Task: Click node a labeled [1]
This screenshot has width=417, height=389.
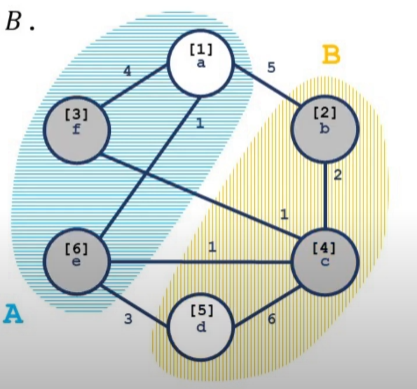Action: click(x=201, y=63)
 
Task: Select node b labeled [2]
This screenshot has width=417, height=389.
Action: click(x=325, y=129)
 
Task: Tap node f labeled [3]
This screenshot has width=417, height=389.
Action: click(x=77, y=130)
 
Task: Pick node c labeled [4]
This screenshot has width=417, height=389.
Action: click(x=325, y=262)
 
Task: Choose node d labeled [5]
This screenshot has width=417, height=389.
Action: click(x=201, y=327)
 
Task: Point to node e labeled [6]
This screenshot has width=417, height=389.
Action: click(x=77, y=261)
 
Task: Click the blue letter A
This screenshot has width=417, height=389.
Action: click(x=13, y=314)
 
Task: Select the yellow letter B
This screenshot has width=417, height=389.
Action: click(x=331, y=54)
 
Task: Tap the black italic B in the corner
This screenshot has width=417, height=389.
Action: click(x=14, y=22)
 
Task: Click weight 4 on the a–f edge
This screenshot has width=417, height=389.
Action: click(x=127, y=71)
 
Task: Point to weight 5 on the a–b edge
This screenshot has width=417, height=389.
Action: click(x=271, y=68)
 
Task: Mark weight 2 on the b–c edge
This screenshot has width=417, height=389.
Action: click(x=338, y=175)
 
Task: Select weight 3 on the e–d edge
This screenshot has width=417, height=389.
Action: click(x=128, y=319)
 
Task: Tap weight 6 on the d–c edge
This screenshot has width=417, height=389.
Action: click(x=272, y=319)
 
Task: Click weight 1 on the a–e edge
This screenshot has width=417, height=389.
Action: click(x=200, y=124)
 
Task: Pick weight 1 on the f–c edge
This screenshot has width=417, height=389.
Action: click(x=284, y=215)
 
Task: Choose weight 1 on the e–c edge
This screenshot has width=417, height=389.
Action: click(x=212, y=247)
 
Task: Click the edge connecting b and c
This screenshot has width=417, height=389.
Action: click(x=325, y=195)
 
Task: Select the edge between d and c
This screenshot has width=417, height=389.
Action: click(x=266, y=307)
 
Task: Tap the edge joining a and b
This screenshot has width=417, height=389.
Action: click(x=268, y=84)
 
